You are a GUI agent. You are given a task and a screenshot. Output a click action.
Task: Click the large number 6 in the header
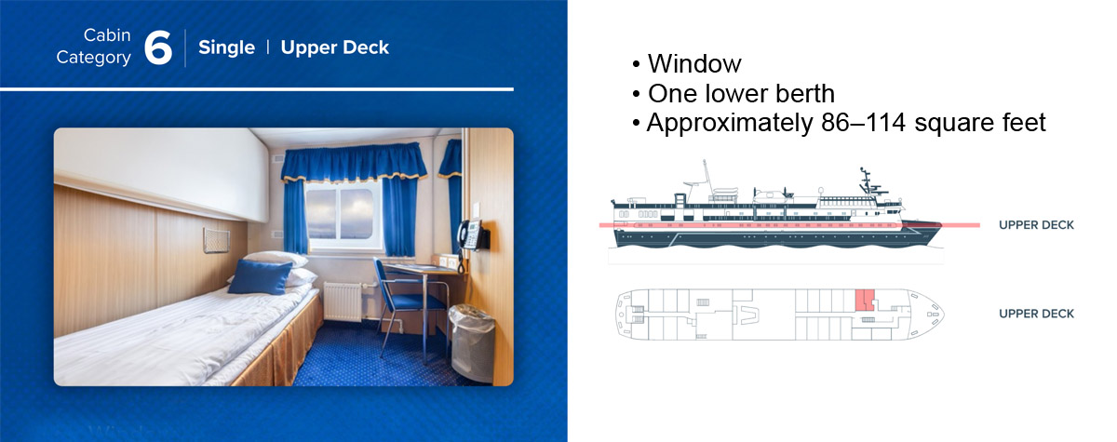click(158, 47)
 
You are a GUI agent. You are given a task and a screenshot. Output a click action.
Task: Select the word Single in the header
click(226, 47)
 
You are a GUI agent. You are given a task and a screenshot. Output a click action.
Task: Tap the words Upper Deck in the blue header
click(334, 47)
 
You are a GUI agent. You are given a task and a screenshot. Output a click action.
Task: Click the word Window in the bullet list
click(694, 64)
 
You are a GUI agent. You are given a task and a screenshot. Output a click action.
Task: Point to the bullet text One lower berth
click(741, 93)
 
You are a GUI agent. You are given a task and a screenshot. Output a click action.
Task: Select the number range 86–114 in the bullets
click(863, 123)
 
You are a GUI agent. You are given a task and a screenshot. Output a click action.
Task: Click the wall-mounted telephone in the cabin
click(472, 234)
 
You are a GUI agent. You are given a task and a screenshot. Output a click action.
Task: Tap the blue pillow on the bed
click(260, 276)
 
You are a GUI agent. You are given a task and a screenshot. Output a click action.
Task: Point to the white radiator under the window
click(343, 301)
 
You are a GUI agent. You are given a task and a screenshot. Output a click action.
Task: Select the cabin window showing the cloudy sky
click(340, 213)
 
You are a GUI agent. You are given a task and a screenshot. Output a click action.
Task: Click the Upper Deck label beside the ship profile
click(1036, 225)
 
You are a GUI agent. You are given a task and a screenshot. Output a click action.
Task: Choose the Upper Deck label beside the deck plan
click(1036, 314)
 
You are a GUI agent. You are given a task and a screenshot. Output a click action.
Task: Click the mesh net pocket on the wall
click(216, 240)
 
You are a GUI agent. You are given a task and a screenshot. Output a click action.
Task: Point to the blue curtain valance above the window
click(354, 162)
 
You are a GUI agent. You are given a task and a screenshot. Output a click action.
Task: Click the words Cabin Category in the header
click(94, 47)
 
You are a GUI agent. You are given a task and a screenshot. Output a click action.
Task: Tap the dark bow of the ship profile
click(922, 232)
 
